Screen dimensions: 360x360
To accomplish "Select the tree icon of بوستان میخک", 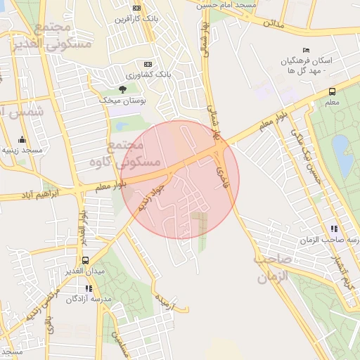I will tap(124, 89).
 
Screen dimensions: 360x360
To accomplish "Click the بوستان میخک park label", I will tap(124, 102).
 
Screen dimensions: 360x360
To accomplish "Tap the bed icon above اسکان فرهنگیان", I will tap(305, 49).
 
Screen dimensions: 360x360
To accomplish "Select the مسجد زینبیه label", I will tap(22, 150).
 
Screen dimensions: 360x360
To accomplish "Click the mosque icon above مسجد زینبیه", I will tap(22, 139).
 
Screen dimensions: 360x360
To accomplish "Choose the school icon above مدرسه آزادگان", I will tap(89, 288).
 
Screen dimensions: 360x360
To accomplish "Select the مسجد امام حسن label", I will tap(226, 5).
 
